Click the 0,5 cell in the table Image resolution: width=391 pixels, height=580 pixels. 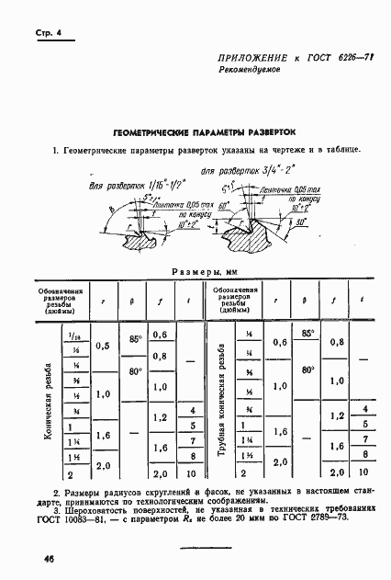(x=102, y=346)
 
